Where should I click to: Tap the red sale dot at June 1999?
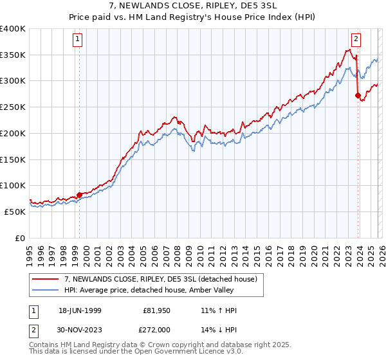click(79, 194)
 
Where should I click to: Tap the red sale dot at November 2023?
click(358, 94)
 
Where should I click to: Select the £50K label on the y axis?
click(15, 212)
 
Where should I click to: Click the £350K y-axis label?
click(12, 55)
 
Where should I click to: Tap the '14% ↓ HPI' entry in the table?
click(219, 328)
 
